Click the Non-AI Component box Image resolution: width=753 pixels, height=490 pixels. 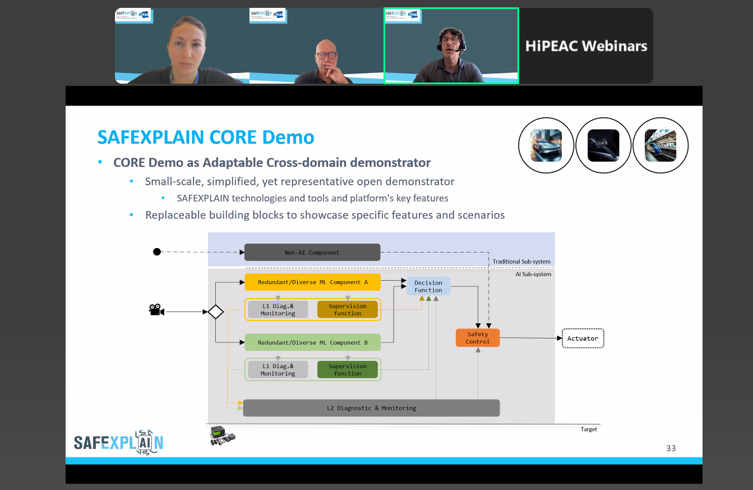pos(312,253)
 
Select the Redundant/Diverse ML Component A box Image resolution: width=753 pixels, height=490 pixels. pos(312,282)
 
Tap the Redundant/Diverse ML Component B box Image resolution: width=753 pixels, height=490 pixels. pos(312,342)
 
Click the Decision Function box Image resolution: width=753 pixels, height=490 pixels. pos(428,286)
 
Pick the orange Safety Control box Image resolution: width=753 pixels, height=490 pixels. pos(478,338)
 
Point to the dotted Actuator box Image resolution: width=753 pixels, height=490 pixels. pos(583,338)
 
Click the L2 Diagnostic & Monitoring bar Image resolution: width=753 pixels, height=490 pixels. pos(371,408)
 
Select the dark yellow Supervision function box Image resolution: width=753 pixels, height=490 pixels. pos(348,310)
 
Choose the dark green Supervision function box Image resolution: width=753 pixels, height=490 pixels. pos(348,370)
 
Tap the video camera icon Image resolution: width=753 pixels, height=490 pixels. pos(156,310)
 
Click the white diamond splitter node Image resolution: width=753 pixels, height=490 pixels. pos(216,312)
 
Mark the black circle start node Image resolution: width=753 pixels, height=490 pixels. pos(157,251)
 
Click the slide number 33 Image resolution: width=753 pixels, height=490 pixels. pos(671,448)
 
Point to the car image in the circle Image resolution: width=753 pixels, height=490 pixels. pos(546,146)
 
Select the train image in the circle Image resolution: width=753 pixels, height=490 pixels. pos(660,146)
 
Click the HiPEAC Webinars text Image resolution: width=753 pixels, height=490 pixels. pos(586,46)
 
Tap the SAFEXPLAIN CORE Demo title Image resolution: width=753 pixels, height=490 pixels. pos(206,137)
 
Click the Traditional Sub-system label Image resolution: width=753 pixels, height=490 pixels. pos(521,262)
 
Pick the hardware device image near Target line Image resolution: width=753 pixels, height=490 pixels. pos(221,436)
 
